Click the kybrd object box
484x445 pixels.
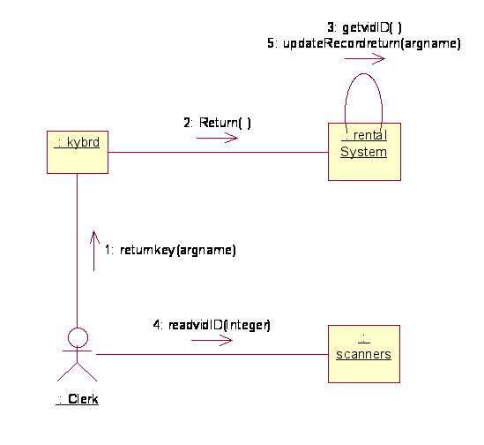[x=78, y=152]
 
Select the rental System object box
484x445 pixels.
[x=364, y=152]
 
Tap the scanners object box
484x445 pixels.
[x=364, y=354]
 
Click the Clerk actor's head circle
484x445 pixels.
[x=78, y=337]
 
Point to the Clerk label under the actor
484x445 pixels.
[x=78, y=399]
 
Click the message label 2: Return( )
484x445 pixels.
[x=217, y=123]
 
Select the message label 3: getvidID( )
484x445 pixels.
[x=365, y=27]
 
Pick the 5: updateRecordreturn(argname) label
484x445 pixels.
[x=364, y=43]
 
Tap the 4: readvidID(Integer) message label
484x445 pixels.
[x=212, y=325]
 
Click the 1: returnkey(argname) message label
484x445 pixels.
[x=170, y=250]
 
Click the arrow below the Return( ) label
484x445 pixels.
[x=217, y=138]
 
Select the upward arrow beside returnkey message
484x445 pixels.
[x=94, y=251]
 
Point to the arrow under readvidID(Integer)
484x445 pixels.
[x=212, y=341]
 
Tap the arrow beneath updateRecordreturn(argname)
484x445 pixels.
[x=365, y=58]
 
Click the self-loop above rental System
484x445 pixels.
[x=363, y=73]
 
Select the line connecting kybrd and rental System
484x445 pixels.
[x=218, y=152]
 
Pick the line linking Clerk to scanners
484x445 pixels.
[x=212, y=354]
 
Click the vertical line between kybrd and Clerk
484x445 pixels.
[x=78, y=251]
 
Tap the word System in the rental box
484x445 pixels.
[x=363, y=152]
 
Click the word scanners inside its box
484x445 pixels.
[x=363, y=354]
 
